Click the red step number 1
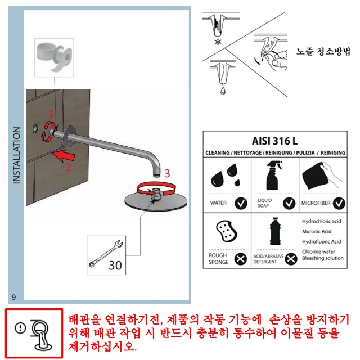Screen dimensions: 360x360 tap(51, 114)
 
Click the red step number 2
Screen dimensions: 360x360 tap(69, 167)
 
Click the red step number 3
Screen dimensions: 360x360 tap(167, 173)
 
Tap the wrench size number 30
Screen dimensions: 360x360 tap(115, 265)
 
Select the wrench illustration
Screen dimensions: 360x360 tap(106, 254)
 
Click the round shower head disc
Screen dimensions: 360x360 tap(156, 201)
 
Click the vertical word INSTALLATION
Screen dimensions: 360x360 tap(16, 155)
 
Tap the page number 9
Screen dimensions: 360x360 tap(13, 297)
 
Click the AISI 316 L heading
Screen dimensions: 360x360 tap(274, 141)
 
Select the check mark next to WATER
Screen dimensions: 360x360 tap(241, 203)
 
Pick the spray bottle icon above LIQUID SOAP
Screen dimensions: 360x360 tap(273, 175)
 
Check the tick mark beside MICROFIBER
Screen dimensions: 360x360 tap(339, 203)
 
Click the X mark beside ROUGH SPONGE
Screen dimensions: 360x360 tap(241, 259)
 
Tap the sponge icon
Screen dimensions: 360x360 tap(227, 231)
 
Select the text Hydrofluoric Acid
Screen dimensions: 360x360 tap(321, 241)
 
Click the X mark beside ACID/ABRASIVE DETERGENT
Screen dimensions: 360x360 tap(291, 259)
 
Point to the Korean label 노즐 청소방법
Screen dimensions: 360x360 tap(323, 51)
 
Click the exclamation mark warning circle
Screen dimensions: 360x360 tap(20, 328)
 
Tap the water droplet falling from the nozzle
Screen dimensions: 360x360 tap(223, 91)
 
